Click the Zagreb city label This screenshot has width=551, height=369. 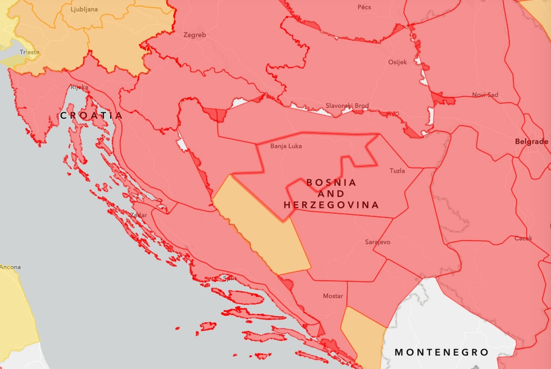[x=195, y=35]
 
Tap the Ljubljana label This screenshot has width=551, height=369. [x=84, y=9]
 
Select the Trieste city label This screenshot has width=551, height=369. [x=29, y=52]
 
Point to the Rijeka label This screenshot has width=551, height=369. [x=79, y=87]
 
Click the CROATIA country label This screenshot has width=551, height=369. [x=91, y=115]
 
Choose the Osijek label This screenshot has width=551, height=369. [x=397, y=62]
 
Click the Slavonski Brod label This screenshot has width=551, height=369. [x=347, y=106]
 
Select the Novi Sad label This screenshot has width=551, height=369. [x=485, y=95]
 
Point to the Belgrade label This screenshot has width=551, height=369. [x=531, y=141]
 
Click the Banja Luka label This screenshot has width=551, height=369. [x=286, y=146]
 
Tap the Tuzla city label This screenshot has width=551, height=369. [x=397, y=170]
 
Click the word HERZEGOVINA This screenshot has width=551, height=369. [x=331, y=205]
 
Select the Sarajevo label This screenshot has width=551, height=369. [x=378, y=242]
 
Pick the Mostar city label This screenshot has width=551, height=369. [x=333, y=296]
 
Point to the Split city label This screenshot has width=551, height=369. [x=230, y=278]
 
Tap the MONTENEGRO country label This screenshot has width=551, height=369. [x=442, y=352]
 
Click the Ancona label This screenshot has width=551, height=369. [x=10, y=267]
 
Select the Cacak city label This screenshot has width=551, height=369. [x=523, y=238]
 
